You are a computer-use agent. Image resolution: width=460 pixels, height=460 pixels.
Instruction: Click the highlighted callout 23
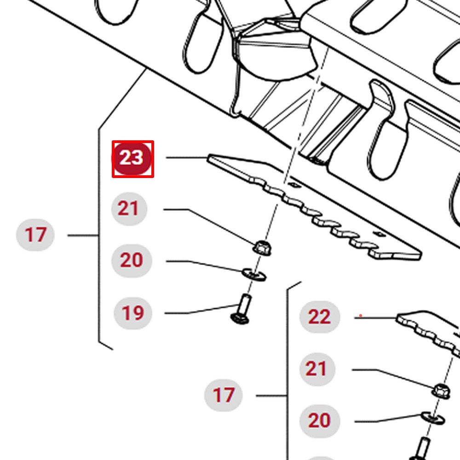click(132, 159)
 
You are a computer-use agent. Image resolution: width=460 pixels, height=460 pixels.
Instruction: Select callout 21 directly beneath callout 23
click(129, 209)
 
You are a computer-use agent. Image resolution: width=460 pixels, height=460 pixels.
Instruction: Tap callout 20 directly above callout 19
click(132, 260)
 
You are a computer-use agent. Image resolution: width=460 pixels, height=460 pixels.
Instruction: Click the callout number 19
click(133, 313)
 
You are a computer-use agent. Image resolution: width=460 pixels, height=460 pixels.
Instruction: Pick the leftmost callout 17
click(35, 235)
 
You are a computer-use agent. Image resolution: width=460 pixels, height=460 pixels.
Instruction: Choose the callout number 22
click(320, 317)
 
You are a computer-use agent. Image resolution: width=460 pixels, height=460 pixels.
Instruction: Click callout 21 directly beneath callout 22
click(317, 369)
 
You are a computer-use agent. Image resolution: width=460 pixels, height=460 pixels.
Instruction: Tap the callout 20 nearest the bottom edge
click(320, 421)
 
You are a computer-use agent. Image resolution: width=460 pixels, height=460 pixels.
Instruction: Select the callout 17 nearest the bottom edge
click(224, 395)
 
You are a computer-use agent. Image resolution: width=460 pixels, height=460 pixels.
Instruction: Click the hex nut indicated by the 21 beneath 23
click(262, 248)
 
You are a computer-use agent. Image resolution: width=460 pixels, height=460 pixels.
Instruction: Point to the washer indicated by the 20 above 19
click(254, 275)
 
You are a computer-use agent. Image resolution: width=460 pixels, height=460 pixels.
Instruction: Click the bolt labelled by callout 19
click(241, 309)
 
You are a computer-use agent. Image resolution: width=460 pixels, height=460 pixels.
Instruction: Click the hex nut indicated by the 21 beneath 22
click(441, 391)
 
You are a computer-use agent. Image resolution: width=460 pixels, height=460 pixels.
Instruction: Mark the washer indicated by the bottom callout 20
click(433, 418)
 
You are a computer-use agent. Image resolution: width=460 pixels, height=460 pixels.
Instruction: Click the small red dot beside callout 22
click(361, 316)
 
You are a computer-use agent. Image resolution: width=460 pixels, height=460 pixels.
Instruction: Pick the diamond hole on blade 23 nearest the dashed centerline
click(293, 184)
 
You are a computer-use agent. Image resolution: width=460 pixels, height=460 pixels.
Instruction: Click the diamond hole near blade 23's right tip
click(379, 234)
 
